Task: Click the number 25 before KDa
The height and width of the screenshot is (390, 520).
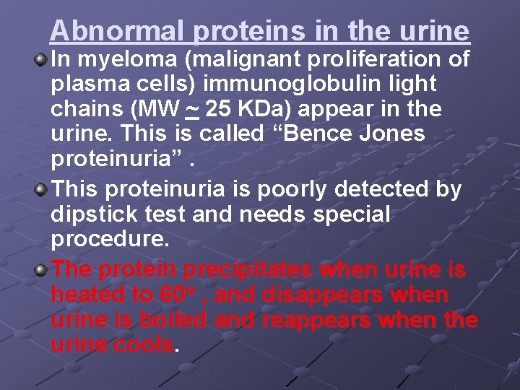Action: click(220, 110)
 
